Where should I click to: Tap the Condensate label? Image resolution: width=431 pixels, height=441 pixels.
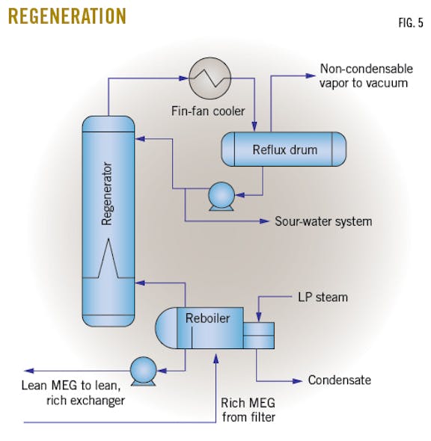coord(339,380)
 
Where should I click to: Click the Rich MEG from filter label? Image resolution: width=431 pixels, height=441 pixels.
coord(248,410)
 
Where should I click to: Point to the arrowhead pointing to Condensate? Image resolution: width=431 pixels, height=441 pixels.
coord(300,380)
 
